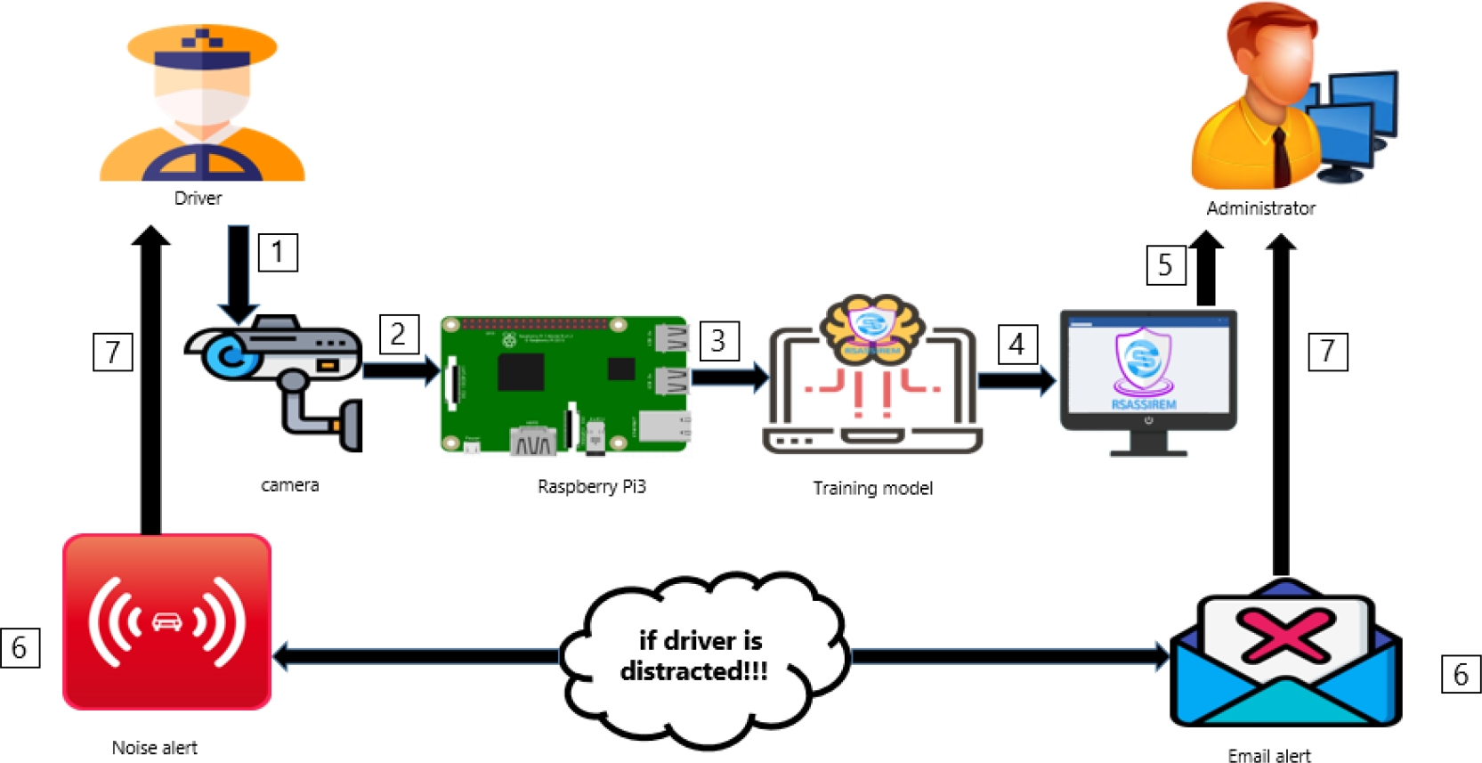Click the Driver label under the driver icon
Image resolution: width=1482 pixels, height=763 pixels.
(198, 198)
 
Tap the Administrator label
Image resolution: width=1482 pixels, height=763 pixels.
(1260, 208)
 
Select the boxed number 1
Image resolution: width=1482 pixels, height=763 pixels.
(278, 252)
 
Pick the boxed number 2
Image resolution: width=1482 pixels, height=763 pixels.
(399, 334)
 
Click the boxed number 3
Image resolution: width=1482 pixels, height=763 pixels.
(719, 340)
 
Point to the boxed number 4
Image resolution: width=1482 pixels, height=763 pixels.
(1017, 344)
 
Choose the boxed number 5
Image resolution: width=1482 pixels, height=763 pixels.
(1165, 264)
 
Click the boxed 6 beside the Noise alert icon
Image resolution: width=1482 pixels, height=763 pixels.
(20, 647)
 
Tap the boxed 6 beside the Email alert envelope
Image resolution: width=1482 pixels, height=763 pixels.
(1461, 674)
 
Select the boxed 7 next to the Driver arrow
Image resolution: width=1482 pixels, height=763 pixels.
(113, 352)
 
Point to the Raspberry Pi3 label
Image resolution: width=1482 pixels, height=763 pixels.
(591, 486)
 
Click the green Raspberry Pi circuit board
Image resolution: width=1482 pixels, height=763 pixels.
(564, 385)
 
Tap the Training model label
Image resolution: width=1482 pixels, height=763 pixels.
(872, 488)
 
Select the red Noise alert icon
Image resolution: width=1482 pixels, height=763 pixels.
(166, 621)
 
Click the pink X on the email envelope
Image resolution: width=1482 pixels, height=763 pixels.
(1286, 635)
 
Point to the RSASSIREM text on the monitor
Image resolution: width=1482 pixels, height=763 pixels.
(1144, 404)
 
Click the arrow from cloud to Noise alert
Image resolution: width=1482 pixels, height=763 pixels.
(418, 657)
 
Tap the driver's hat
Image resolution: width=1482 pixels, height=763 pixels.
(202, 46)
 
